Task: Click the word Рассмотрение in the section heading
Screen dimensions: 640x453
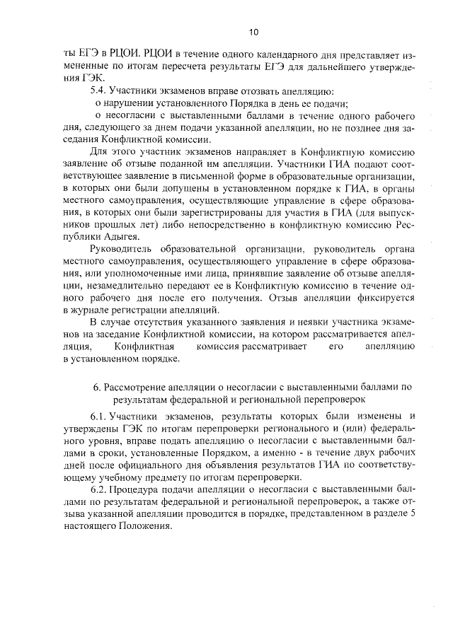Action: point(137,387)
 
